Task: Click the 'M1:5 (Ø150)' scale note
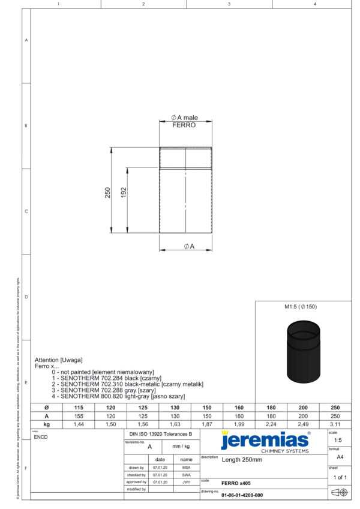click(300, 307)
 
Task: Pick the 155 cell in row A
click(79, 415)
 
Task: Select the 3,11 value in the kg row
click(335, 424)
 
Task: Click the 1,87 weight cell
click(207, 424)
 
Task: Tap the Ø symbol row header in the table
click(46, 407)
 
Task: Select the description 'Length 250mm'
click(242, 460)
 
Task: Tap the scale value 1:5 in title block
click(338, 440)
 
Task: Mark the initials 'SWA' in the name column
click(186, 475)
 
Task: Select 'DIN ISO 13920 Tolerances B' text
click(161, 433)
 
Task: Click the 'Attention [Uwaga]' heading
click(58, 360)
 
